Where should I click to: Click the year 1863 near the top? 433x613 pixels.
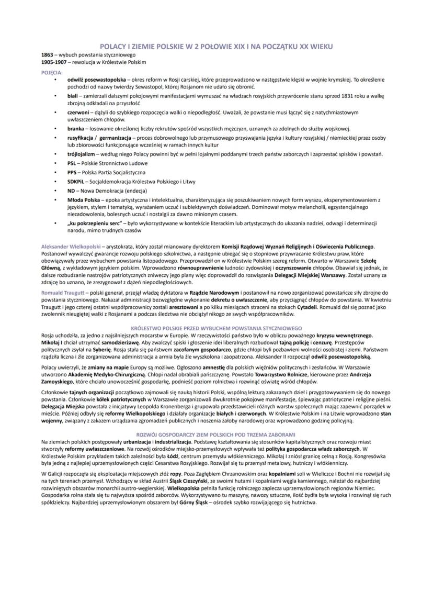pos(47,54)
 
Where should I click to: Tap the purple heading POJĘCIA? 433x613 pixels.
pos(52,72)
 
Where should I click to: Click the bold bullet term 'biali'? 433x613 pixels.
pos(72,97)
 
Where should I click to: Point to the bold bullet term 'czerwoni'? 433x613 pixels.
pos(77,113)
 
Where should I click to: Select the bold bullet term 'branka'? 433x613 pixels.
pos(75,128)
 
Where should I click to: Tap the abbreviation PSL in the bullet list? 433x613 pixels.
pos(72,163)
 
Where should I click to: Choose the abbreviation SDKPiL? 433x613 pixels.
pos(76,182)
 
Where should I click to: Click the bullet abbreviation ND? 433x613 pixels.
pos(71,191)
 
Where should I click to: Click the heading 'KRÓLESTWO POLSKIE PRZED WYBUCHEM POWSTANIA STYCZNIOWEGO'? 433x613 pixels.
pos(216,328)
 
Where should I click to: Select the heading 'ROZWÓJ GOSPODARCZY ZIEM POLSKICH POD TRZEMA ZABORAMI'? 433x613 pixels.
pos(216,434)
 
